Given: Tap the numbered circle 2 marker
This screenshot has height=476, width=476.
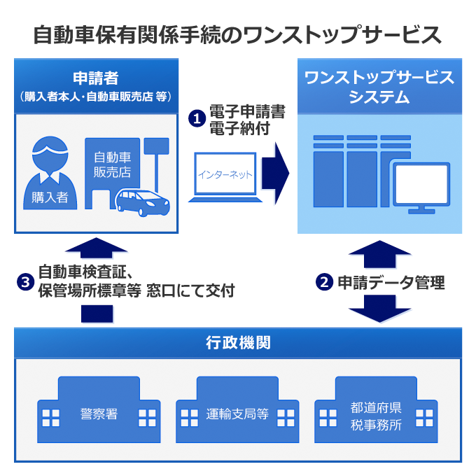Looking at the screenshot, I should tap(324, 283).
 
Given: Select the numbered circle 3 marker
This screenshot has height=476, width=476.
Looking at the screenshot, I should tap(25, 282).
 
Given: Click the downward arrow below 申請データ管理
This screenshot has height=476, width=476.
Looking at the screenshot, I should tap(379, 309).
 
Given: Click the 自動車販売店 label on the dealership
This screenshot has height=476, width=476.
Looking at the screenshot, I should tap(112, 165).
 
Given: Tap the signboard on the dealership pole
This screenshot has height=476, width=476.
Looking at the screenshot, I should tap(156, 146).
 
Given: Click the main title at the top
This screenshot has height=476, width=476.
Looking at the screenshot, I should tap(238, 33).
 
